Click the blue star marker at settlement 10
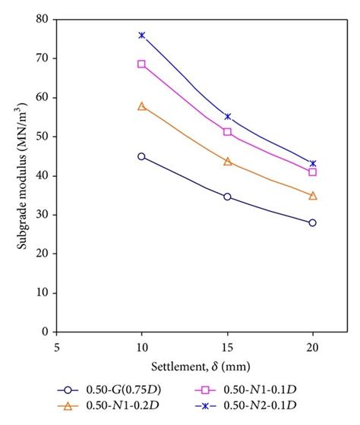(141, 35)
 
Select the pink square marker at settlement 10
(141, 64)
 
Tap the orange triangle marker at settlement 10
(141, 106)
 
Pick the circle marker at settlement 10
(141, 156)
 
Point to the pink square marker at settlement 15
(227, 131)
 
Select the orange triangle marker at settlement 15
(227, 161)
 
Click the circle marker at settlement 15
(227, 197)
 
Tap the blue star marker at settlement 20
(312, 163)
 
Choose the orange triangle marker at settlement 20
(312, 195)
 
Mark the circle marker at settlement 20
(312, 222)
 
